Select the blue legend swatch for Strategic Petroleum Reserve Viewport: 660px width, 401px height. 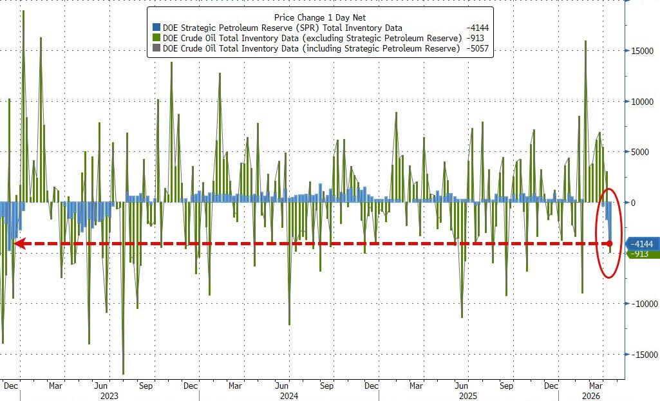coord(156,28)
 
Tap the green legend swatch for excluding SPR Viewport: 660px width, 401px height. coord(156,38)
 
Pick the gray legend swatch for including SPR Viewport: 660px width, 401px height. coord(156,48)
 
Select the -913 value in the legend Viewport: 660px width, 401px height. coord(477,38)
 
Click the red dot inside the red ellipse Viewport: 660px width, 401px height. coord(609,244)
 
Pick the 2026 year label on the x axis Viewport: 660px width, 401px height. coord(592,396)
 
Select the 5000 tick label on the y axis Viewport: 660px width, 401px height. coord(642,152)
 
